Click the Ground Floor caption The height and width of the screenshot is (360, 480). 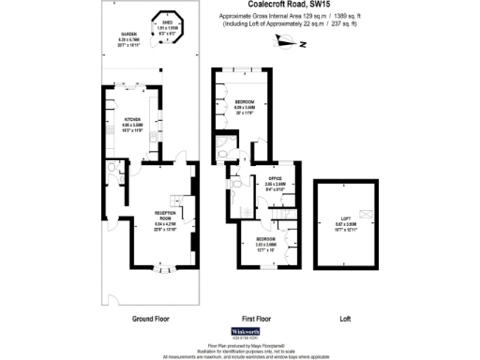151,317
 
